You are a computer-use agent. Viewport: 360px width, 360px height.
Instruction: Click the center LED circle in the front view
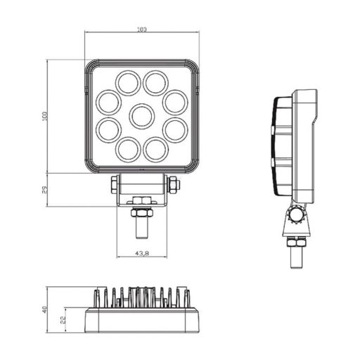pos(142,115)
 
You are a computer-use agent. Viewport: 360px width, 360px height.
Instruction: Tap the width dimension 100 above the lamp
pos(142,29)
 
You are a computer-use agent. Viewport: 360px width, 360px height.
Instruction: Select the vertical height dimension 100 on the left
pos(44,116)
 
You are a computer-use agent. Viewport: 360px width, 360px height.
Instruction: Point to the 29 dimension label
pos(44,190)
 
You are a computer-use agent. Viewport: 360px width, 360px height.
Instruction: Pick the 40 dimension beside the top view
pos(44,310)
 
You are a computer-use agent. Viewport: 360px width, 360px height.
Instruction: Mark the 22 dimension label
pos(64,320)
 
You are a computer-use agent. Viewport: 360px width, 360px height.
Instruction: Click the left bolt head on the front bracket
pos(113,185)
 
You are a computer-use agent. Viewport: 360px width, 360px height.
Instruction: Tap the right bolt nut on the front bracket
pos(174,185)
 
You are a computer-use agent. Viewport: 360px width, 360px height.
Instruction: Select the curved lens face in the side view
pos(277,144)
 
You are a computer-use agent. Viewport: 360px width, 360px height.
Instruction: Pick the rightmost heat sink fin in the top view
pos(186,296)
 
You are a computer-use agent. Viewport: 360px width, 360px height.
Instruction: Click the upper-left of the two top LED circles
pos(128,82)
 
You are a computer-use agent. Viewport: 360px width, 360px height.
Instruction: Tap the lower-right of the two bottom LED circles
pos(155,148)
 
